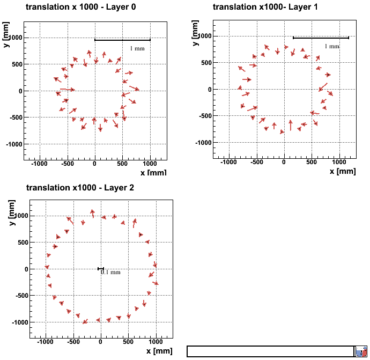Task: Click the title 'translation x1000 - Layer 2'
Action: click(80, 187)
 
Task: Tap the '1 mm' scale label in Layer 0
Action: click(137, 48)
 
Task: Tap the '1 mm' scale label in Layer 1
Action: click(332, 46)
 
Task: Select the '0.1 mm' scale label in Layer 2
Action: click(111, 272)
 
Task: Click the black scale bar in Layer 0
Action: click(122, 40)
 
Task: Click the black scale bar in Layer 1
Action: click(321, 38)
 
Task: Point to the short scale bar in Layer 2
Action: click(100, 269)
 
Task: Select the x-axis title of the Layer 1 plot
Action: click(342, 171)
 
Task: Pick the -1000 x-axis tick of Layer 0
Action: click(39, 164)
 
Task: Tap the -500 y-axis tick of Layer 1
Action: click(201, 116)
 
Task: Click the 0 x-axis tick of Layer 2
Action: click(100, 342)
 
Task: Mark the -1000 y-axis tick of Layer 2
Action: click(16, 322)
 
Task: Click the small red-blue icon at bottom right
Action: click(361, 351)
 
